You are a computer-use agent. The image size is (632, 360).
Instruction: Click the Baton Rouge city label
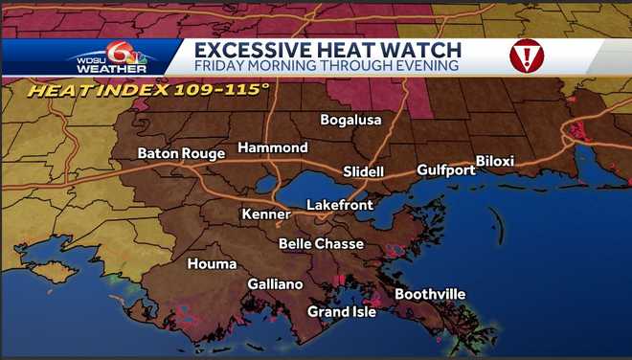[181, 153]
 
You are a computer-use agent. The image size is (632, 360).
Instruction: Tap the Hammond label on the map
[273, 147]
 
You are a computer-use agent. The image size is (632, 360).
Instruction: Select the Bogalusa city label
[350, 120]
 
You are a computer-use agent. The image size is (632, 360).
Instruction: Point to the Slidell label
[364, 171]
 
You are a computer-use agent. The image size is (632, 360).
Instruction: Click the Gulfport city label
[445, 170]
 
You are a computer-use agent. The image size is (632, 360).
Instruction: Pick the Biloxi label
[495, 161]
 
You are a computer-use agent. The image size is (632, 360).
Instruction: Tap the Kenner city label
[265, 214]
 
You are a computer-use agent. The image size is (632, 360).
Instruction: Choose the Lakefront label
[338, 205]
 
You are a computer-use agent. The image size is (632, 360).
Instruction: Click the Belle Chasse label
[321, 244]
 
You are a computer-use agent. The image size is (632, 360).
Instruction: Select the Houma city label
[212, 263]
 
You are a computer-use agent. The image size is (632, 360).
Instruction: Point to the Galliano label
[275, 284]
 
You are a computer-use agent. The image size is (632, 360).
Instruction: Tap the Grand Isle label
[342, 311]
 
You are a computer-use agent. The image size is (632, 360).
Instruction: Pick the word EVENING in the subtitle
[422, 66]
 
